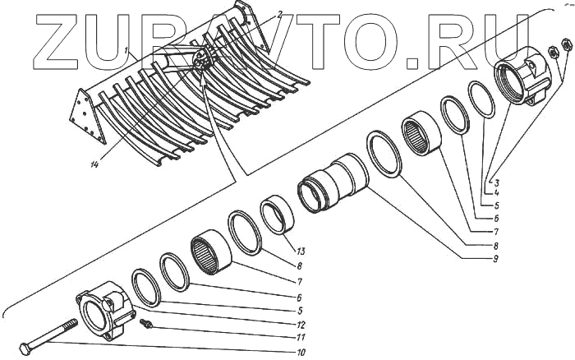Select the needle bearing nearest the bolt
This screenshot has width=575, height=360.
[x=210, y=253]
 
